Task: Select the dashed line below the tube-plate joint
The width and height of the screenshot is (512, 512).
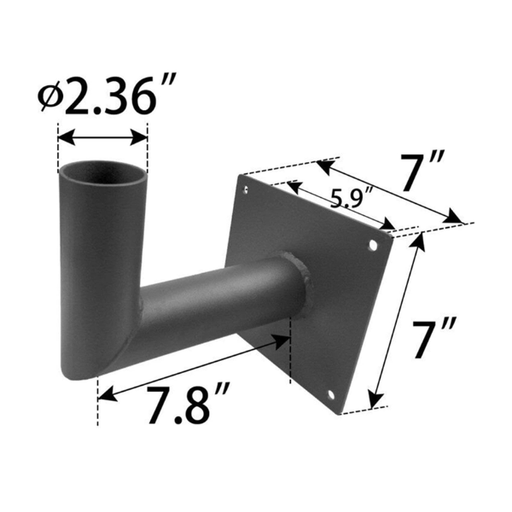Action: (x=290, y=358)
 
